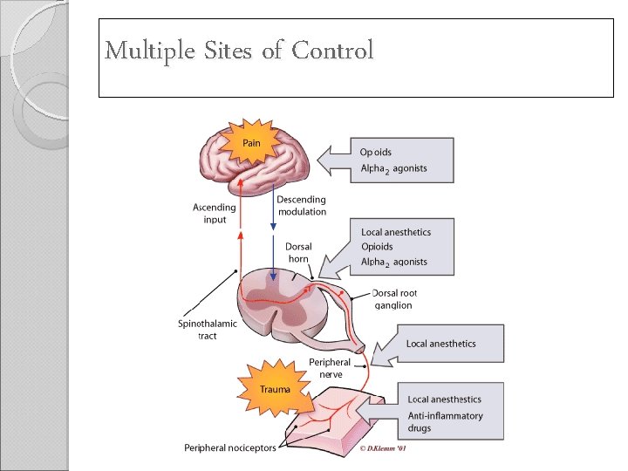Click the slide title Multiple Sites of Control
pyautogui.click(x=239, y=51)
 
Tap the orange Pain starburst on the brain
pyautogui.click(x=250, y=143)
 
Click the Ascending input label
pyautogui.click(x=214, y=214)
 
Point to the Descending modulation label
pyautogui.click(x=302, y=206)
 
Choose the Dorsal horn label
pyautogui.click(x=298, y=253)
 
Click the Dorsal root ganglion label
pyautogui.click(x=392, y=299)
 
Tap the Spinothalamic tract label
pyautogui.click(x=207, y=330)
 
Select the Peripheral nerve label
pyautogui.click(x=330, y=368)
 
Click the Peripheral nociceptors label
pyautogui.click(x=229, y=448)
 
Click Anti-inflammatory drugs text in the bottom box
pyautogui.click(x=445, y=422)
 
